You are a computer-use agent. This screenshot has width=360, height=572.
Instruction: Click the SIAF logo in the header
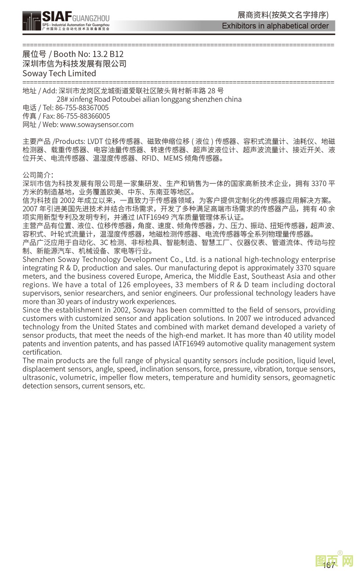[x=57, y=17]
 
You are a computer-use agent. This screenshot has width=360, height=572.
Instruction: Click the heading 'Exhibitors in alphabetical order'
[x=275, y=26]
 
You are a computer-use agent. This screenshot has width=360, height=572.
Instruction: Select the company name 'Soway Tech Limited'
[x=59, y=74]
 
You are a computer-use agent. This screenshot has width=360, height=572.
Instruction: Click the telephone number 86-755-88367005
[x=82, y=108]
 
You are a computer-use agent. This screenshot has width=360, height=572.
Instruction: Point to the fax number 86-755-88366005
[x=83, y=116]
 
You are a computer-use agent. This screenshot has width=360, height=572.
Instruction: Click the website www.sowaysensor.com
[x=97, y=125]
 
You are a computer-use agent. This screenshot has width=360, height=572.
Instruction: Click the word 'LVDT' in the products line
[x=95, y=142]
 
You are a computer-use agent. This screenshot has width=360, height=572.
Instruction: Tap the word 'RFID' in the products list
[x=149, y=158]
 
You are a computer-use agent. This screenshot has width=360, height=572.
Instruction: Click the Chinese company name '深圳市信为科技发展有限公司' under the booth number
[x=75, y=64]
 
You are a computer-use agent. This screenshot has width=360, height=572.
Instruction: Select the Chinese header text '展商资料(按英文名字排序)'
[x=283, y=15]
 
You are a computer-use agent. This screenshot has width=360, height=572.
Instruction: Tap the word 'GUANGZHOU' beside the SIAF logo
[x=91, y=18]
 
